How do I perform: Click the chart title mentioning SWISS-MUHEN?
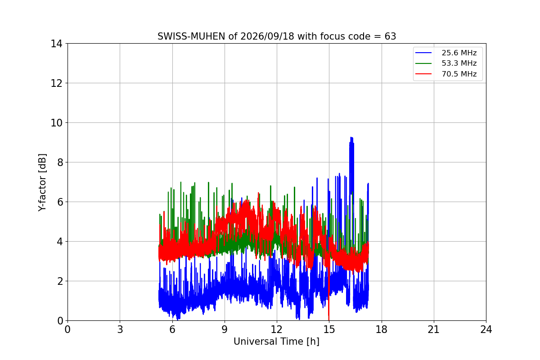(277, 36)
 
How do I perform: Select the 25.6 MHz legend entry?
(446, 53)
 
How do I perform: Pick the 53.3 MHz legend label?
(459, 63)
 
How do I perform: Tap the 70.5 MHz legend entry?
(446, 74)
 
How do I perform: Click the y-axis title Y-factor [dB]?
(42, 183)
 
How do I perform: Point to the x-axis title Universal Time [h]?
(276, 342)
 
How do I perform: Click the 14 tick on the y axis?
(56, 44)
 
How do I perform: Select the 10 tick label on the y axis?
(56, 123)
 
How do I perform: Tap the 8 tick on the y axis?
(60, 162)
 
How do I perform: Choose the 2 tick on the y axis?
(60, 281)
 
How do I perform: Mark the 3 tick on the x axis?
(120, 329)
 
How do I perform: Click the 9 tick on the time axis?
(225, 329)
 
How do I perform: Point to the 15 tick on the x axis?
(329, 329)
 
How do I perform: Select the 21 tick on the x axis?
(434, 329)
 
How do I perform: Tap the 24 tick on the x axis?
(486, 329)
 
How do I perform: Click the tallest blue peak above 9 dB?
(351, 138)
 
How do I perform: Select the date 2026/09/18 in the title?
(267, 36)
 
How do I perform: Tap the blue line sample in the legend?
(423, 53)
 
